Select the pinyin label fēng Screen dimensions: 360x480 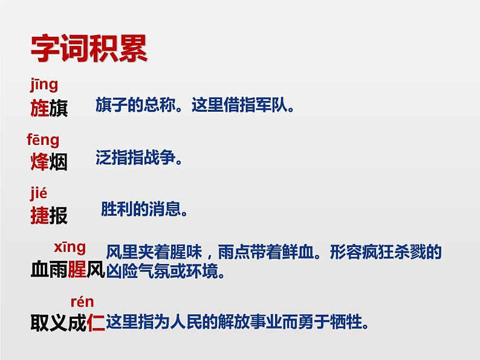(43, 140)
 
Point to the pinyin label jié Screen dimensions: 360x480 (38, 193)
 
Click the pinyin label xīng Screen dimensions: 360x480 (70, 247)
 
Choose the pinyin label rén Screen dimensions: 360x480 (82, 301)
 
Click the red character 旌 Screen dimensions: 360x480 (39, 109)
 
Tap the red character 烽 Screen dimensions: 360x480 (39, 162)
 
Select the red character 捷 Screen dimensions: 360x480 (39, 216)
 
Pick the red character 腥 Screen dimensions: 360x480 (77, 269)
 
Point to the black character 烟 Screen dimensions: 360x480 (58, 162)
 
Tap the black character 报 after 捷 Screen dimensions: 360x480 (58, 216)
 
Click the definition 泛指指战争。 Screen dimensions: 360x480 (138, 159)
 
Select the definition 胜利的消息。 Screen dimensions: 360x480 (144, 210)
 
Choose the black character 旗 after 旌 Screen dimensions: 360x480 (58, 109)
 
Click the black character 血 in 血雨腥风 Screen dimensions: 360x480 (39, 269)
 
